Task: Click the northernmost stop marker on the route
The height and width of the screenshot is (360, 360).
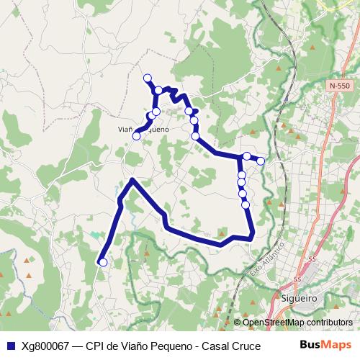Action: click(148, 78)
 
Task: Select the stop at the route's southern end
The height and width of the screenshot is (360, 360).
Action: click(102, 263)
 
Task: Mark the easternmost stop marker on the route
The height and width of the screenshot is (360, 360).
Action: click(261, 161)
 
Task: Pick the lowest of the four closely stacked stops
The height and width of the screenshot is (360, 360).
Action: click(246, 204)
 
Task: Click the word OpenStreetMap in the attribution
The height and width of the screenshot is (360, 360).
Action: click(271, 322)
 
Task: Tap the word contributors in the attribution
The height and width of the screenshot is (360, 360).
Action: click(328, 322)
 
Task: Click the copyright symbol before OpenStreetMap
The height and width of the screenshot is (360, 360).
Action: click(237, 322)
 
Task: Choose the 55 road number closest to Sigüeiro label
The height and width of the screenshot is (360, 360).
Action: click(297, 279)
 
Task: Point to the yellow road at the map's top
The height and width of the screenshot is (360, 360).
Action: click(338, 6)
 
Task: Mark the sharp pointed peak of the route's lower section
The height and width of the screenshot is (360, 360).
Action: click(132, 179)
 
